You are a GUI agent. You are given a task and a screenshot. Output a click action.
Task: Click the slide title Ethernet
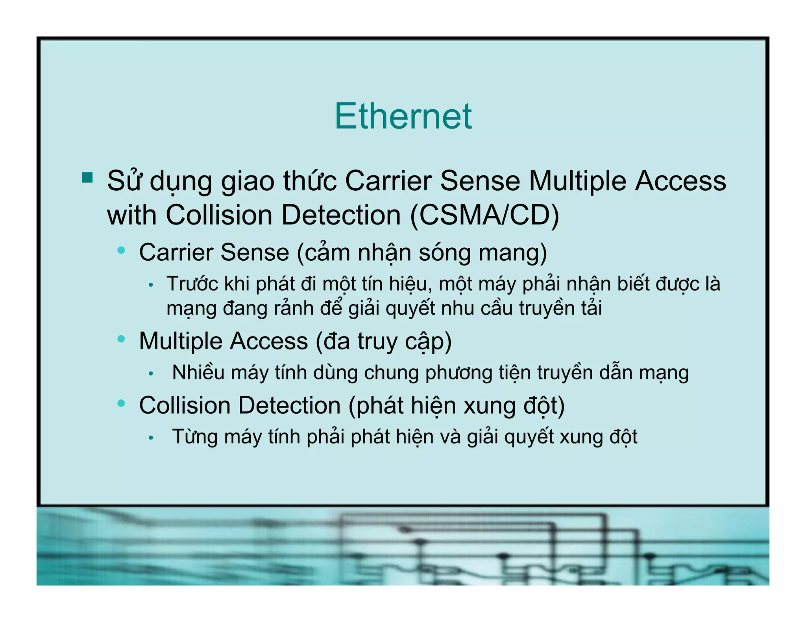[403, 116]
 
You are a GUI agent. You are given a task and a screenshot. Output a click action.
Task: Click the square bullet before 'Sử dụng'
[87, 178]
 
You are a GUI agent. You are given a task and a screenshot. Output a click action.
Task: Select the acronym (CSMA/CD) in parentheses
[484, 215]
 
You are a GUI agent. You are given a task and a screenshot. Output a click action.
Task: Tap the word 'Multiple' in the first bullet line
[578, 181]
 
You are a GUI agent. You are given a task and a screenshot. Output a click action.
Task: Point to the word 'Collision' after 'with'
[219, 215]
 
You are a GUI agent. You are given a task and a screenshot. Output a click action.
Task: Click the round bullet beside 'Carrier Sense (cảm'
[121, 250]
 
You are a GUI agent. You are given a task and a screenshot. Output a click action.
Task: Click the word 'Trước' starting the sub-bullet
[192, 284]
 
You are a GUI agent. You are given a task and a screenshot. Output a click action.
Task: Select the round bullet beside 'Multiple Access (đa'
[121, 339]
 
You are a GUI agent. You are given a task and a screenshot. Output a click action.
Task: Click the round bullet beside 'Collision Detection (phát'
[121, 403]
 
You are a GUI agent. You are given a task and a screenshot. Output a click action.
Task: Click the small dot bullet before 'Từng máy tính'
[151, 438]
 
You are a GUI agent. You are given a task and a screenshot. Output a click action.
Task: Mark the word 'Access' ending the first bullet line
[680, 181]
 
